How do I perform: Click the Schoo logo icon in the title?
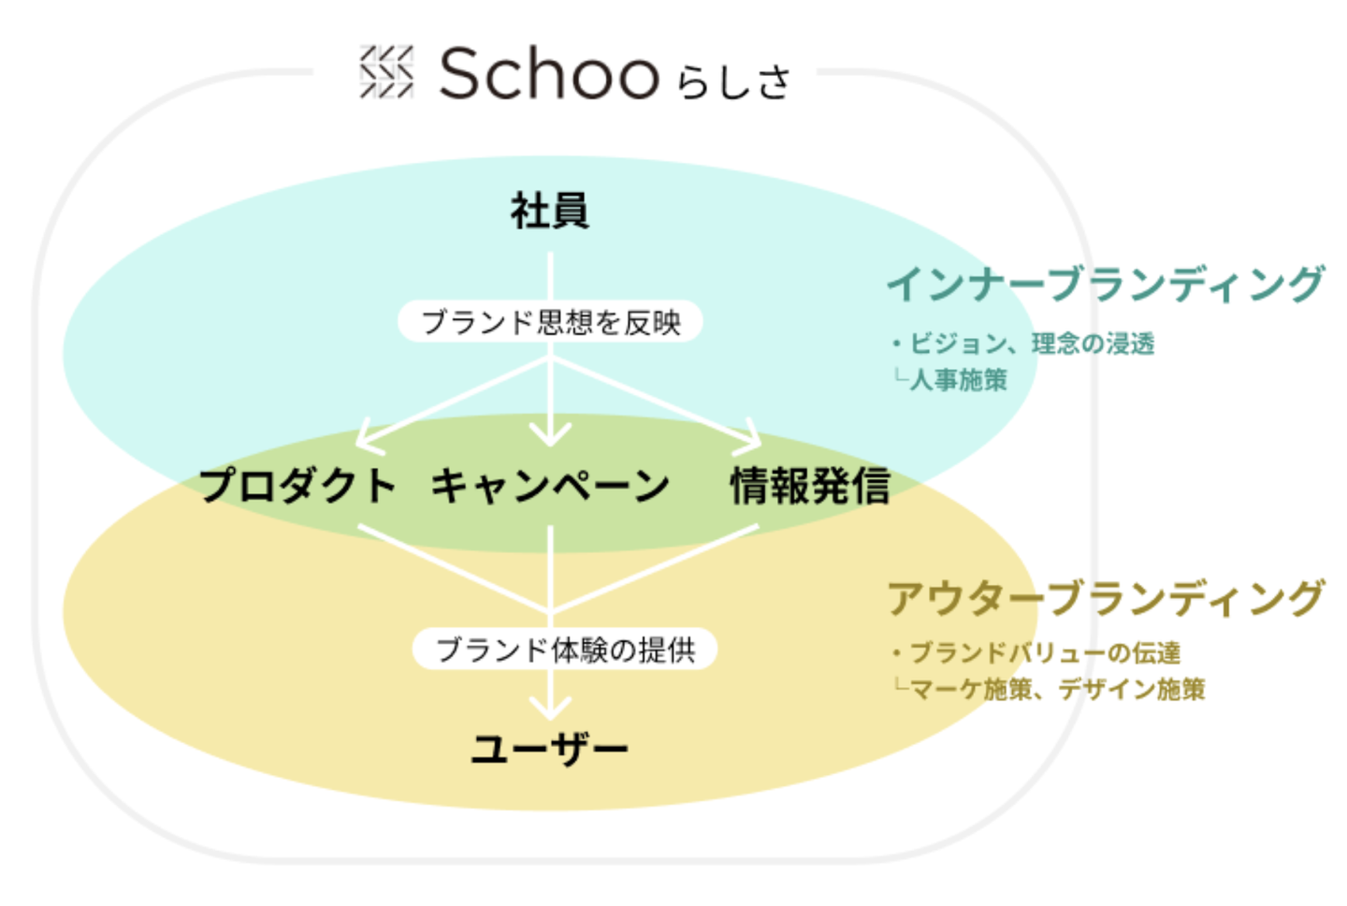pos(386,72)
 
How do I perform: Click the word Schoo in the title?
pos(549,74)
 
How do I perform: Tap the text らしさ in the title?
pos(734,81)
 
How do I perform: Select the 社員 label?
pos(549,211)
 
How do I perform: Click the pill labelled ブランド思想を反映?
pos(550,322)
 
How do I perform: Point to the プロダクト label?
pos(297,486)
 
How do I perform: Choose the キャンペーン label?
pos(550,486)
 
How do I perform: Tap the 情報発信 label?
pos(809,486)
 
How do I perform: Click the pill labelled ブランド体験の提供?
pos(565,649)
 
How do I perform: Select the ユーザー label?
pos(549,749)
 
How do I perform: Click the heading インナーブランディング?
pos(1106,284)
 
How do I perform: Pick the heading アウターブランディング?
pos(1106,598)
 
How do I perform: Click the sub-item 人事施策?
pos(958,379)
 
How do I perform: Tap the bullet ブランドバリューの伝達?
pos(1044,652)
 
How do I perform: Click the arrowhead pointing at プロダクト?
pos(368,436)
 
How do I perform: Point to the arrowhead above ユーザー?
pos(550,706)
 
